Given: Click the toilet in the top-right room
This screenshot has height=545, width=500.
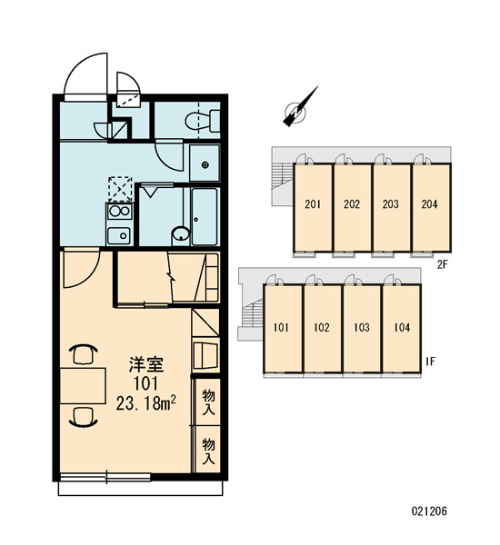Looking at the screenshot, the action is [x=203, y=121].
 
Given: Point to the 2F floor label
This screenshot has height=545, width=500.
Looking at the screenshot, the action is [x=442, y=265].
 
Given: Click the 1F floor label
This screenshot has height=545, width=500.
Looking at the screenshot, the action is [x=430, y=362].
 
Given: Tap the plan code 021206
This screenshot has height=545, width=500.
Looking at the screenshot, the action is [x=429, y=510].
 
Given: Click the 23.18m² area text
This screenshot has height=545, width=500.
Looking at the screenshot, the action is [x=145, y=403].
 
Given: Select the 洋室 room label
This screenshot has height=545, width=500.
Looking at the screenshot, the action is [x=146, y=364].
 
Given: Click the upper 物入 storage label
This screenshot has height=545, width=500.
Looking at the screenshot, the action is [x=208, y=401].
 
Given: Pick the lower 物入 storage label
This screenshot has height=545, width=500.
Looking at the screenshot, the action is [x=208, y=451].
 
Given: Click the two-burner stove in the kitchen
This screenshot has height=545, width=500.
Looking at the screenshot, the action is [x=120, y=212].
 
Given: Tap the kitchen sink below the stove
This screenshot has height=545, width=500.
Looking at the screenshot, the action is [x=119, y=235].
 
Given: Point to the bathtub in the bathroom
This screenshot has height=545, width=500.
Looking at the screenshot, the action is [x=205, y=216].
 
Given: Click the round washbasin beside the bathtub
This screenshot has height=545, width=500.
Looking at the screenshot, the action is [x=181, y=234].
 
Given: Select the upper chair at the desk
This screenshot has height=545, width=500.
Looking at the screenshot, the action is [x=84, y=354].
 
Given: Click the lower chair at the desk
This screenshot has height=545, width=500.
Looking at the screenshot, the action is [x=84, y=417].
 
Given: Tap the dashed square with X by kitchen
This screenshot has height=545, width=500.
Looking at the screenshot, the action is [x=120, y=189].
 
